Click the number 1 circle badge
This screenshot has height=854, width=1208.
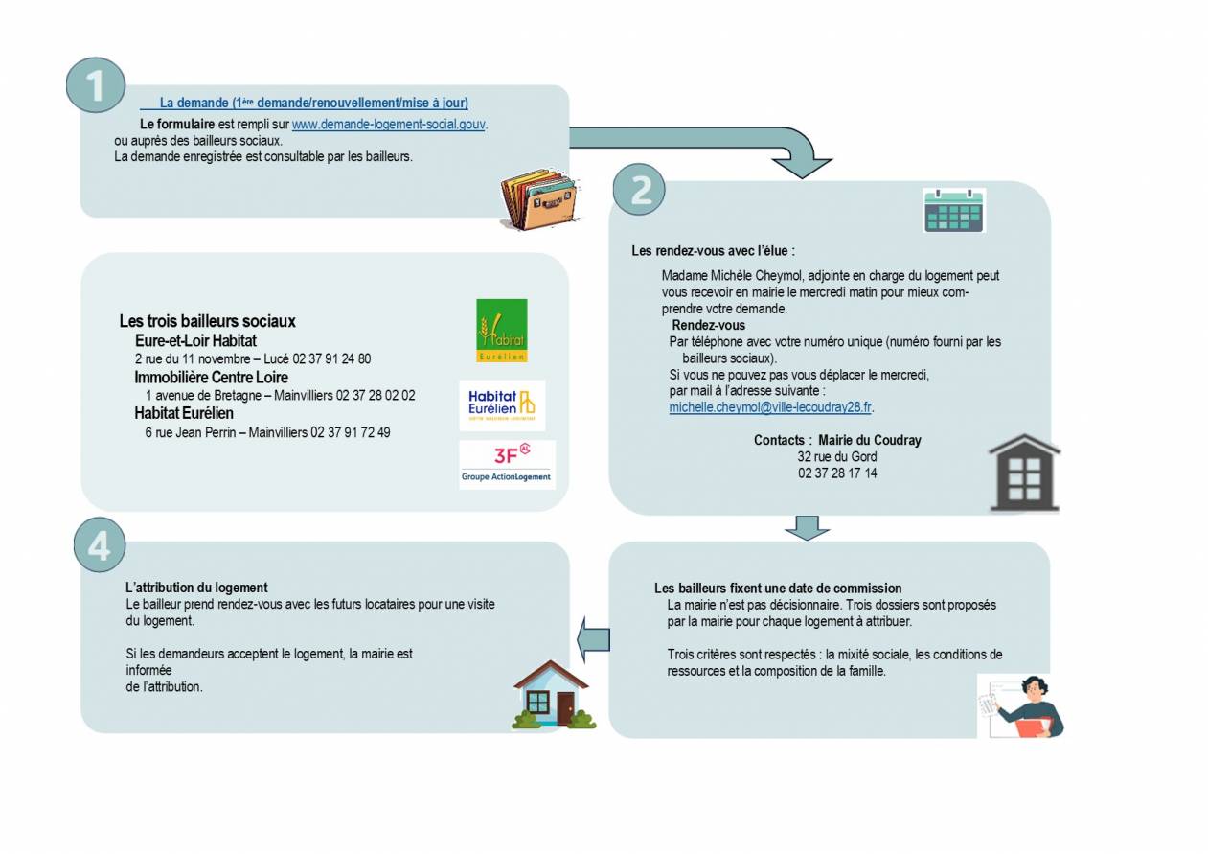pyautogui.click(x=96, y=84)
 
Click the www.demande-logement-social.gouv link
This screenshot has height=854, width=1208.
pyautogui.click(x=389, y=125)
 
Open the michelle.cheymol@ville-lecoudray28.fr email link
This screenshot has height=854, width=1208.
pyautogui.click(x=770, y=407)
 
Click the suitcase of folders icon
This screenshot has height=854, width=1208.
pyautogui.click(x=537, y=199)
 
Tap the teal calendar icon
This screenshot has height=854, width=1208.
pyautogui.click(x=953, y=210)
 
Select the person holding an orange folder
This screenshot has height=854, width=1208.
pyautogui.click(x=1022, y=706)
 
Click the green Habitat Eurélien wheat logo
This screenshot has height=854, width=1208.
pyautogui.click(x=502, y=331)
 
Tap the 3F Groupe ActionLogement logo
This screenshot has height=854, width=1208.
pyautogui.click(x=507, y=465)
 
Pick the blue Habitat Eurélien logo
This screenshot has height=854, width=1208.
pyautogui.click(x=502, y=404)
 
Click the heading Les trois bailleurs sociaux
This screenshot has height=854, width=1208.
pyautogui.click(x=207, y=322)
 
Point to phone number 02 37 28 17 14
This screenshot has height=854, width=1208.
pyautogui.click(x=837, y=473)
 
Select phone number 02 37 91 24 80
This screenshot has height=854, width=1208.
pyautogui.click(x=331, y=359)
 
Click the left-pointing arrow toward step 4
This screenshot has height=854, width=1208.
pyautogui.click(x=594, y=638)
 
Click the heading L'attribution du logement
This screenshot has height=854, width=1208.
pyautogui.click(x=196, y=588)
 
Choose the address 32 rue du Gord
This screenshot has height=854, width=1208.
pyautogui.click(x=837, y=457)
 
